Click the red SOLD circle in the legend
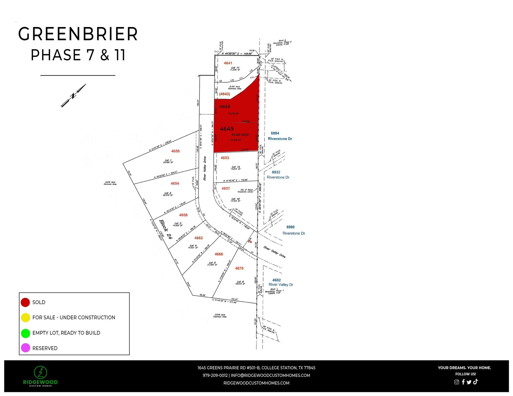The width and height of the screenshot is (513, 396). point(25,302)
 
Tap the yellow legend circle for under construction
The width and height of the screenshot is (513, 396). point(25,317)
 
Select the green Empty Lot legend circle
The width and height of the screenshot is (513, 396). point(25,333)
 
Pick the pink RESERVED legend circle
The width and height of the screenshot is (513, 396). point(25,348)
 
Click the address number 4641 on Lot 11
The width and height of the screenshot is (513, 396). point(228,63)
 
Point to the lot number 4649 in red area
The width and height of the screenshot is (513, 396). point(226,129)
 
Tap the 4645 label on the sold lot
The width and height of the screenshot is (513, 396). point(225,107)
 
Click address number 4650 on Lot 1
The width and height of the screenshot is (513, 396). point(175,151)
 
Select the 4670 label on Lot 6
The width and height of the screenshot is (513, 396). point(239,268)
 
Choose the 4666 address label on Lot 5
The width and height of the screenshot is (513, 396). point(219,254)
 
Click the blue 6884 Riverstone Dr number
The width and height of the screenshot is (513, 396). point(275,133)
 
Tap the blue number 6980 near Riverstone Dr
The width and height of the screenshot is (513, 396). point(290,227)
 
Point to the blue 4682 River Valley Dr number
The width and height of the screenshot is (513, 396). point(276,280)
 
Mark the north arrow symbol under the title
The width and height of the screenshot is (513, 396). point(73,96)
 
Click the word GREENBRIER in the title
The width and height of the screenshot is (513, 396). point(78,34)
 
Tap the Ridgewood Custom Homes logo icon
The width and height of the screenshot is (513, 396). point(40,372)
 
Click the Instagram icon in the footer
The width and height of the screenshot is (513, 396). point(456,382)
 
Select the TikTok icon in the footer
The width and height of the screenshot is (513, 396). point(475,382)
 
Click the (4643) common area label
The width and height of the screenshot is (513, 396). point(224,94)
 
